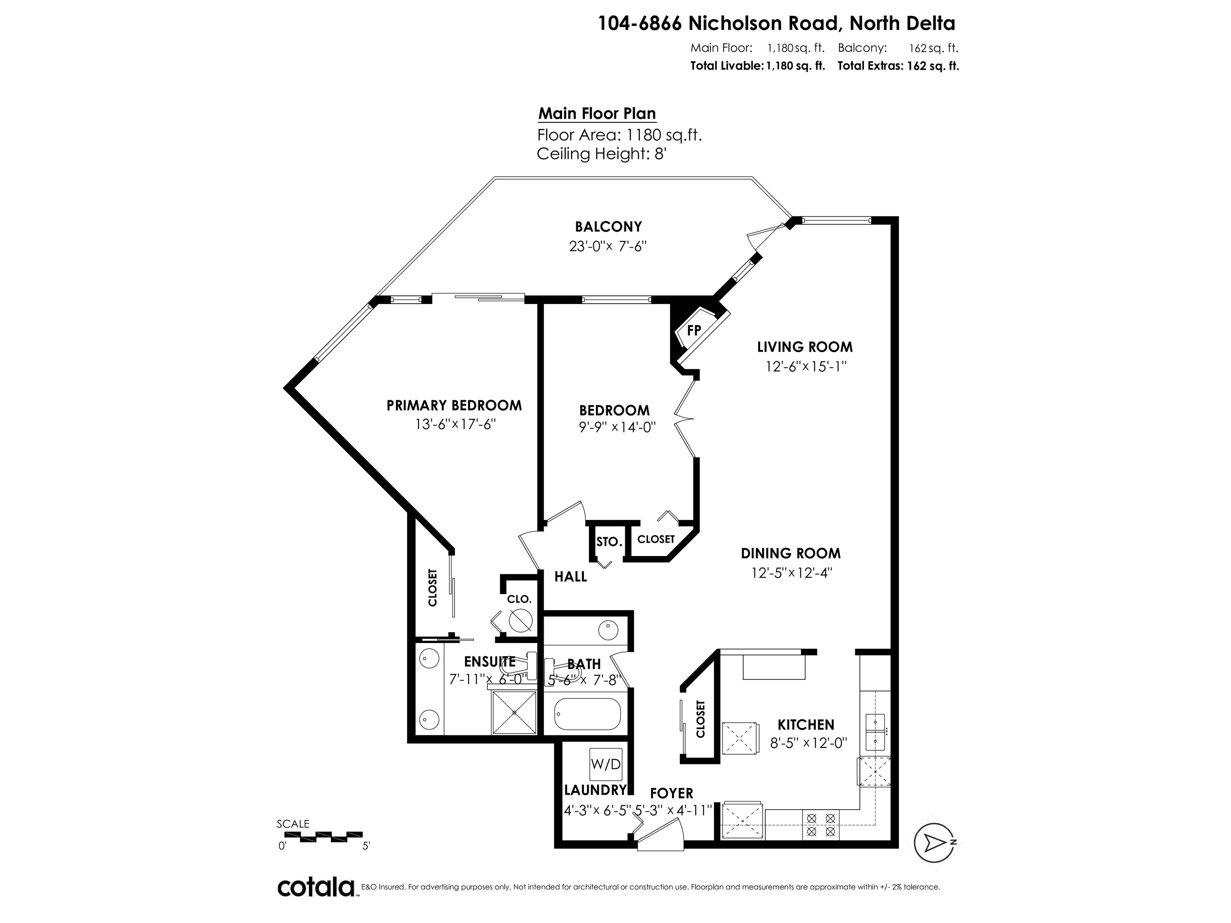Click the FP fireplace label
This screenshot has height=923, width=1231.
(x=693, y=331)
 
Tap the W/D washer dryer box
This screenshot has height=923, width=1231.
(x=605, y=764)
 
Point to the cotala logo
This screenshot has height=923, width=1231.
(x=316, y=887)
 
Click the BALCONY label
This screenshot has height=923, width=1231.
(x=608, y=226)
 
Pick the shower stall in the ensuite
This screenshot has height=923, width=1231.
(x=514, y=712)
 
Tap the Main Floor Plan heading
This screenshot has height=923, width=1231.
(x=597, y=113)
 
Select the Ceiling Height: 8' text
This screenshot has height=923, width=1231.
(x=601, y=153)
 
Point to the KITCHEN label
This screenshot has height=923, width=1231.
(x=805, y=724)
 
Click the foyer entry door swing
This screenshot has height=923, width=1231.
(x=660, y=838)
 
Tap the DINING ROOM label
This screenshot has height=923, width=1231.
(x=790, y=553)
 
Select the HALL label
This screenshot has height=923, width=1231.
(x=571, y=577)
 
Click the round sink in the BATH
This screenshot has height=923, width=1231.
(x=608, y=631)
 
